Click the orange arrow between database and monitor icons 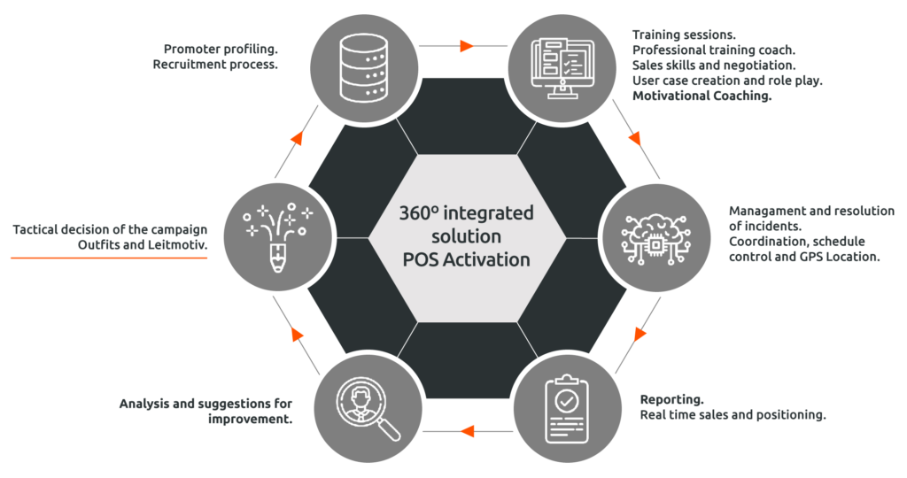pyautogui.click(x=467, y=45)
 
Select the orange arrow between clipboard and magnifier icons pyautogui.click(x=467, y=431)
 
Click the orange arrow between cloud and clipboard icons pyautogui.click(x=640, y=335)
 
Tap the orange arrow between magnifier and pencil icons pyautogui.click(x=298, y=335)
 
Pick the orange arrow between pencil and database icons pyautogui.click(x=298, y=138)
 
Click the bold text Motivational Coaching pyautogui.click(x=702, y=96)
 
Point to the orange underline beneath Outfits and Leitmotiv pyautogui.click(x=108, y=258)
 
